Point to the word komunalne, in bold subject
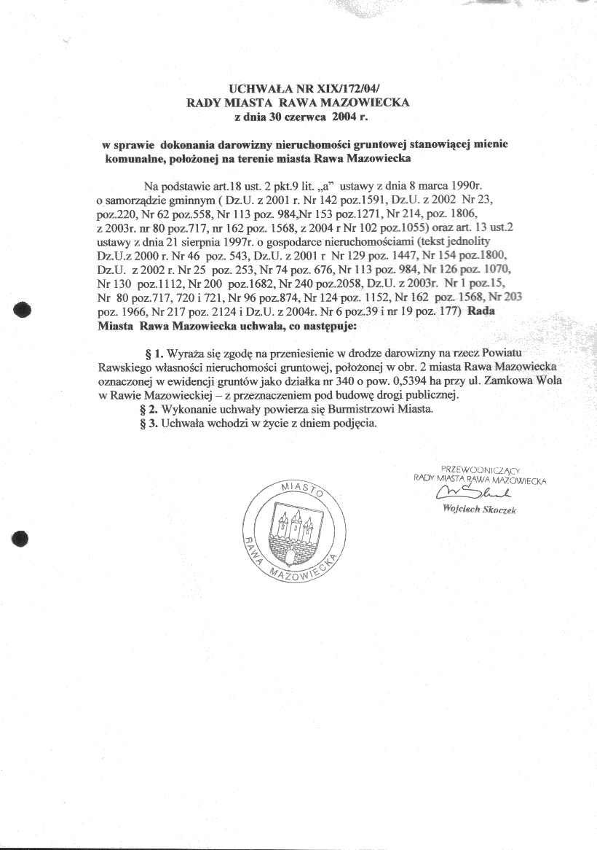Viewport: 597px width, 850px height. (x=138, y=158)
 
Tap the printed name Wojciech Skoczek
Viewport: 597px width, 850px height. (x=479, y=510)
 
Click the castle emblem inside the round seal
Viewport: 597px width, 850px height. (x=292, y=536)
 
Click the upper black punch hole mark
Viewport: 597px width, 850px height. (x=25, y=309)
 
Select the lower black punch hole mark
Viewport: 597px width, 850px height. (x=20, y=539)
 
